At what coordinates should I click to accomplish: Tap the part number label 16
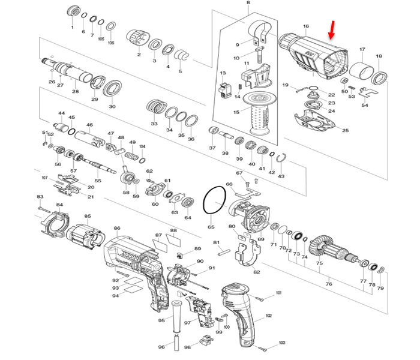tap(306, 26)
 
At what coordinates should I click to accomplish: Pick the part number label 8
tap(248, 4)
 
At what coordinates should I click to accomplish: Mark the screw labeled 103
tap(262, 348)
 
